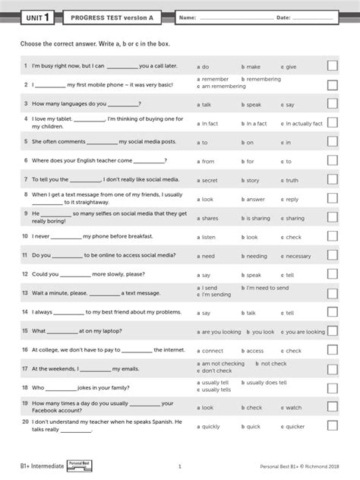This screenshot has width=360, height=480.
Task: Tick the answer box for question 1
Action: point(332,66)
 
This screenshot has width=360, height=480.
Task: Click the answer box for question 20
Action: point(332,426)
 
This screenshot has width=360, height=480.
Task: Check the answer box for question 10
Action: point(332,237)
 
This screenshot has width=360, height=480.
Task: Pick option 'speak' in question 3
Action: point(253,105)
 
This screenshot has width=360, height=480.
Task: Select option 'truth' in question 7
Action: point(292,181)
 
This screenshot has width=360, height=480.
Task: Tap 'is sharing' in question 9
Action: point(257,218)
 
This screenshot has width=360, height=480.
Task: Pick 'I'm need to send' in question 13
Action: point(267,289)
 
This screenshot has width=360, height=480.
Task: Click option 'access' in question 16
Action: point(254,351)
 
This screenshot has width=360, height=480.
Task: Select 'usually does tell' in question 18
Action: point(266,383)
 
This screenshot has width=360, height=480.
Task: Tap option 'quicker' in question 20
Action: point(298,427)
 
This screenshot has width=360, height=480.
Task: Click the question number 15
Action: point(25,331)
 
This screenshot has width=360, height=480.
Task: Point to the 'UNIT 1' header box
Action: point(39,17)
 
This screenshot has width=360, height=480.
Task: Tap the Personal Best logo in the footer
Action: point(78,464)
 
